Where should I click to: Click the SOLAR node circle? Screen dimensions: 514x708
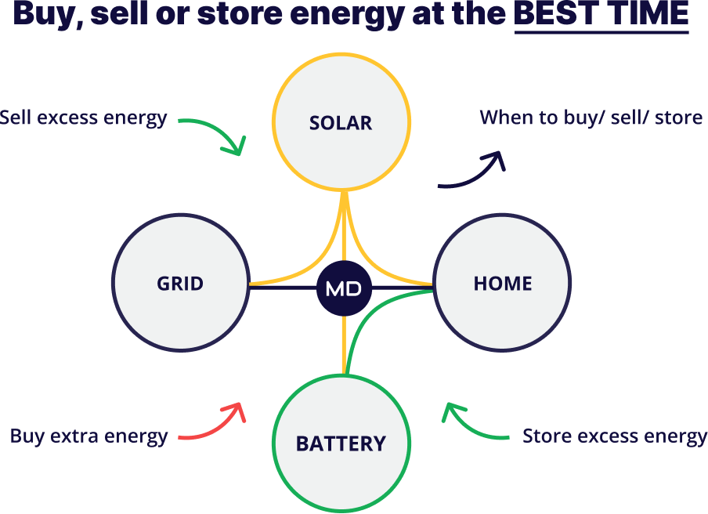341,123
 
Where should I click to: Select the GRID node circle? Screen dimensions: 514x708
181,283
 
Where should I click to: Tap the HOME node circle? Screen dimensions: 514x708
502,283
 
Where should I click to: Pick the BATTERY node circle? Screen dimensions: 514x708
341,443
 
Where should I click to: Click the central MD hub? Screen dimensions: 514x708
343,288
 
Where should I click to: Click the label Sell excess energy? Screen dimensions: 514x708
83,118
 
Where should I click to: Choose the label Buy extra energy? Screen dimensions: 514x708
88,436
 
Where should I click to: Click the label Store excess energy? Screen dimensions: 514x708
614,436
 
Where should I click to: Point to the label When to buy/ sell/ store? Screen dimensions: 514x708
591,118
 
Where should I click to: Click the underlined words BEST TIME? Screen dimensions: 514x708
601,14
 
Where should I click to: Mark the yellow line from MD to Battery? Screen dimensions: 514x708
343,345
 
